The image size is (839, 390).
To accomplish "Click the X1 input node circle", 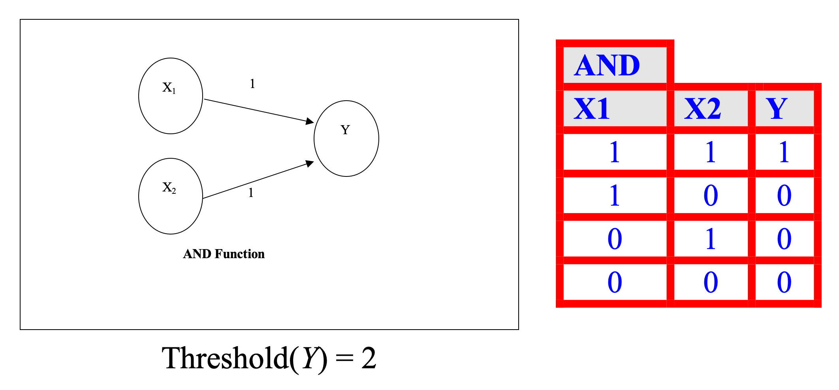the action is click(171, 96).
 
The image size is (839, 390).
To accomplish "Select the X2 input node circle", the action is click(171, 196).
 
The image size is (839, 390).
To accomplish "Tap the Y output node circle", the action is click(346, 139).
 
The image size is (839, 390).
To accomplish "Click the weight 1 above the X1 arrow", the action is click(252, 84).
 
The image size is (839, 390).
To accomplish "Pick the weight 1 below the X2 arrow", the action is click(251, 193).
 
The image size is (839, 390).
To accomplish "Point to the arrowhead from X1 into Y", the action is click(310, 121).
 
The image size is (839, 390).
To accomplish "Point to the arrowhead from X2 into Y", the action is click(310, 163).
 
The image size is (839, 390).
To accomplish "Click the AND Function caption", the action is click(224, 254).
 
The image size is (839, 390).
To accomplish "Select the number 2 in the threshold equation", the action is click(369, 358).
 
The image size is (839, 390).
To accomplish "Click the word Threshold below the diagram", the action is click(226, 358).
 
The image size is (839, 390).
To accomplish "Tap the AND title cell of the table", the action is click(615, 65).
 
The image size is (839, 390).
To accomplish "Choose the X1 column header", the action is click(615, 109).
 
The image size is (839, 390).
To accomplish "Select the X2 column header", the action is click(711, 109).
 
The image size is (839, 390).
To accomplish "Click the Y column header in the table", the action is click(784, 109).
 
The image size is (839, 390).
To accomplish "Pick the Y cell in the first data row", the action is click(784, 152).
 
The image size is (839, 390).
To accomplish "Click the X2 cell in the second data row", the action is click(711, 195).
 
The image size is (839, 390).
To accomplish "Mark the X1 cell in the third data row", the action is click(615, 239).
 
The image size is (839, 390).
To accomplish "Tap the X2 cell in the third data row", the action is click(711, 239).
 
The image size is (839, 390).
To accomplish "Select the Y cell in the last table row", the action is click(784, 282).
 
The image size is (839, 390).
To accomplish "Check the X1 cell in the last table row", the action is click(615, 282).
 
